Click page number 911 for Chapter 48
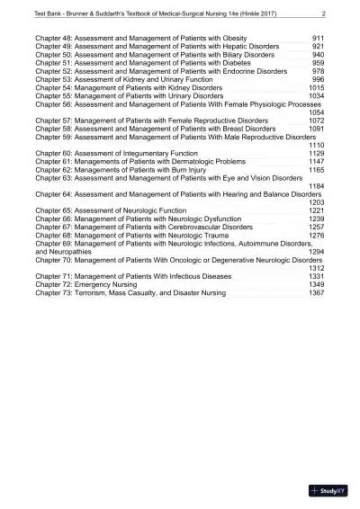pyautogui.click(x=318, y=40)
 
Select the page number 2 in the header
pyautogui.click(x=322, y=13)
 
